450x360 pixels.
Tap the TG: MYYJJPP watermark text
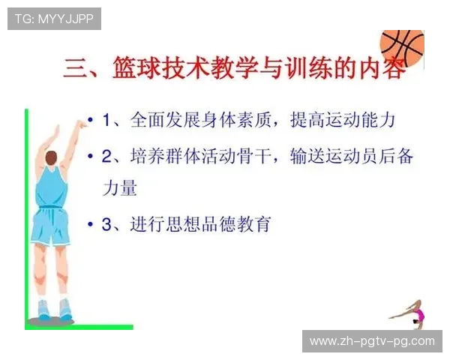tap(54, 19)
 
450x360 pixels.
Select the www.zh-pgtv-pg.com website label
tap(372, 341)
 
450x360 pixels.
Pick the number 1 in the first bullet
tap(107, 120)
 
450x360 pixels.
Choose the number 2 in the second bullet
tap(107, 157)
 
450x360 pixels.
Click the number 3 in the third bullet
tap(107, 223)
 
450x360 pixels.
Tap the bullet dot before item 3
tap(91, 223)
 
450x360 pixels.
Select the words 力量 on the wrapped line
tap(120, 187)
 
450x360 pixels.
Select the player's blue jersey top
tap(51, 187)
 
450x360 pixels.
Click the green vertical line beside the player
tap(26, 217)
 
